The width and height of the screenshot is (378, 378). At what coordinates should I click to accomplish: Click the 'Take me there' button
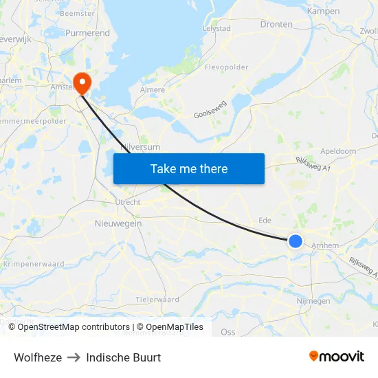(x=189, y=168)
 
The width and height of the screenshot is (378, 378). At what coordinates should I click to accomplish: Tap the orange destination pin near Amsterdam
(x=82, y=83)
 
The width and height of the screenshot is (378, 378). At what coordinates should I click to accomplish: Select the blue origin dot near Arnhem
(x=296, y=241)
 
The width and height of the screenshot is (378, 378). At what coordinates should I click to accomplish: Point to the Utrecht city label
(x=127, y=202)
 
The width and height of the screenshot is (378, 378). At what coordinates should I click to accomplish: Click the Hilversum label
(x=140, y=147)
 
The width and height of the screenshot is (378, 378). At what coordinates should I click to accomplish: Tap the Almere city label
(x=153, y=89)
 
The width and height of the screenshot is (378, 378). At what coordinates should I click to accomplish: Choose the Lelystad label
(x=217, y=28)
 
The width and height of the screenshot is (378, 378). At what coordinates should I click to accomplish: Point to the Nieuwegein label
(x=118, y=223)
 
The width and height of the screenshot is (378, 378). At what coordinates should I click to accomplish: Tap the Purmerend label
(x=87, y=32)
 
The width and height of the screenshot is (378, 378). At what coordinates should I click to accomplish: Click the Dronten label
(x=276, y=24)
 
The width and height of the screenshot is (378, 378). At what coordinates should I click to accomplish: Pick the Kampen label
(x=323, y=11)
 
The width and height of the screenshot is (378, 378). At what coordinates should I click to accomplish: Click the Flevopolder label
(x=226, y=67)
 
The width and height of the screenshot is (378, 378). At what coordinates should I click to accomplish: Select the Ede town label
(x=264, y=220)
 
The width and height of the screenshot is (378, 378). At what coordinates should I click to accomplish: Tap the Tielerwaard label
(x=157, y=299)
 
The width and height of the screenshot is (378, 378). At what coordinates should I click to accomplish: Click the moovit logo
(x=337, y=356)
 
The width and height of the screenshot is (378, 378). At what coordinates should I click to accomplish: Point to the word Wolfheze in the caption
(x=38, y=357)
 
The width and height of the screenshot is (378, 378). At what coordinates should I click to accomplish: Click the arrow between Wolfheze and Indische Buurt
(x=74, y=357)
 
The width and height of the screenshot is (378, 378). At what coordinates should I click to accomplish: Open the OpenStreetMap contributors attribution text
(x=69, y=327)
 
